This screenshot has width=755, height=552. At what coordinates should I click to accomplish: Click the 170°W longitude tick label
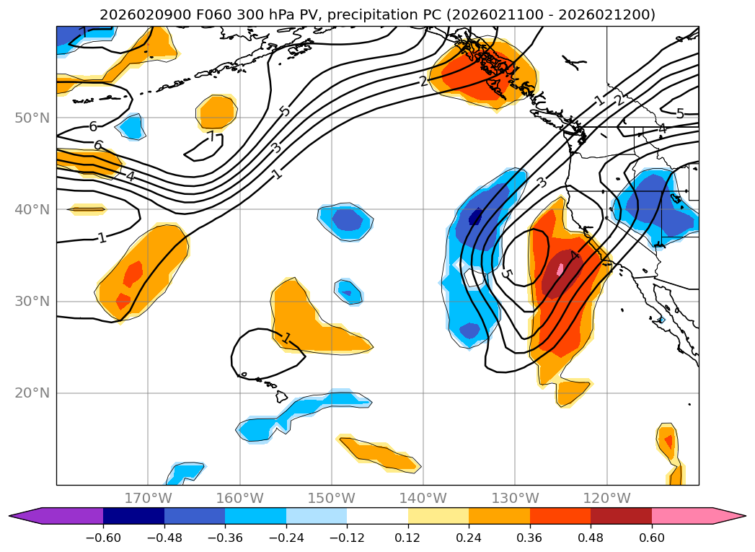[148, 498]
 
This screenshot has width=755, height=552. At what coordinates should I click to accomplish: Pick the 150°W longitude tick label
[332, 498]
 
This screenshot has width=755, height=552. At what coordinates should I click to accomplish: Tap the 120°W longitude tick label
[607, 498]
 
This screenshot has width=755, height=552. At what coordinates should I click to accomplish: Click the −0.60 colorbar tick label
[103, 537]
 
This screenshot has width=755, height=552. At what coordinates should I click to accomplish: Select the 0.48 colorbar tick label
[591, 537]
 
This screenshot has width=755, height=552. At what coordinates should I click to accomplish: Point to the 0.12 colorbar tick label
[408, 537]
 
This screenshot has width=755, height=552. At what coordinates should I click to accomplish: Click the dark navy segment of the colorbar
[133, 516]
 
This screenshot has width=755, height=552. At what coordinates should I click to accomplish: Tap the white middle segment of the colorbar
[377, 516]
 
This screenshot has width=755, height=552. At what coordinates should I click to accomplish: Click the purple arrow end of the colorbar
[58, 516]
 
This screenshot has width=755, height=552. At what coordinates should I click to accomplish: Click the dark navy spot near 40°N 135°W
[475, 216]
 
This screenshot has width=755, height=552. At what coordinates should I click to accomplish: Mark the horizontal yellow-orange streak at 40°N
[87, 209]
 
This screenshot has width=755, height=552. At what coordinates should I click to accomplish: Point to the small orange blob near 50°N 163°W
[216, 113]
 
